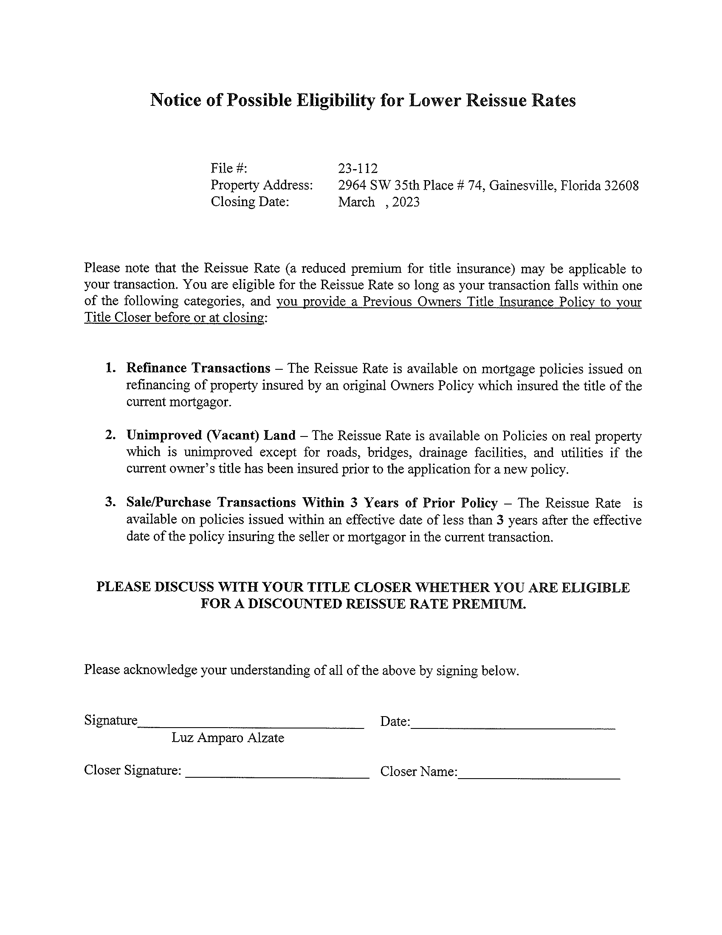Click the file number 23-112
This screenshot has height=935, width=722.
pos(358,168)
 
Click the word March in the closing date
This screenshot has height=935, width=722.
pos(356,201)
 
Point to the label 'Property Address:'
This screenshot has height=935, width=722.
pos(262,185)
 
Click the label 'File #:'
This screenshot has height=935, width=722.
pos(229,168)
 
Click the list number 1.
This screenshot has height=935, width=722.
pos(111,368)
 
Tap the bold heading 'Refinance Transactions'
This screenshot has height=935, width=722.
pos(198,368)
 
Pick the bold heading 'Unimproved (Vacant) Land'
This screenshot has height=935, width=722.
pos(211,435)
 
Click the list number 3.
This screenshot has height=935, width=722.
pos(111,502)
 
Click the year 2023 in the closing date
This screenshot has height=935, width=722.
pos(406,201)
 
